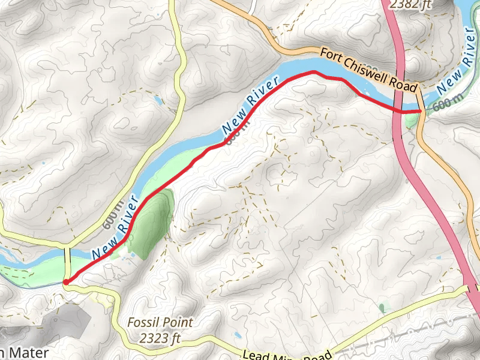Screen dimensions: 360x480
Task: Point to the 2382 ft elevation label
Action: (x=410, y=5)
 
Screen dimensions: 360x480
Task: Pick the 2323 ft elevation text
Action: (x=160, y=338)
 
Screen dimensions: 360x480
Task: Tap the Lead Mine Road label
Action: (x=288, y=354)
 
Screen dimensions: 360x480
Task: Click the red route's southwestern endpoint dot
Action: (x=65, y=281)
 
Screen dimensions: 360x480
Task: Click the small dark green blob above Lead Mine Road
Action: (x=382, y=308)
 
